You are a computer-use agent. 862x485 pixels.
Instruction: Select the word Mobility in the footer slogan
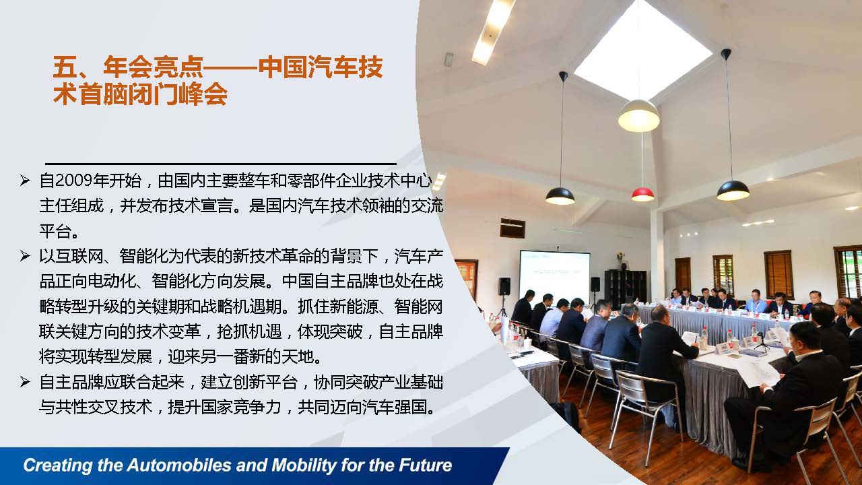point(304,465)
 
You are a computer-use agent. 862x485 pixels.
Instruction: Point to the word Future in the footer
point(425,465)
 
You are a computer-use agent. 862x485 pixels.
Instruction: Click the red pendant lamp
point(642,194)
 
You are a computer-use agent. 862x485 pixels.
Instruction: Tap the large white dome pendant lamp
point(639,115)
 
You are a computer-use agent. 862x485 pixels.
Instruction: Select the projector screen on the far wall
point(554,277)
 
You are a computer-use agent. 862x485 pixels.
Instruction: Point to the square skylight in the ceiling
point(642,50)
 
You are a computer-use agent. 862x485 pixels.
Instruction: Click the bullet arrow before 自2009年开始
point(25,181)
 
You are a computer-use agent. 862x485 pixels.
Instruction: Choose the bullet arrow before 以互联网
point(25,256)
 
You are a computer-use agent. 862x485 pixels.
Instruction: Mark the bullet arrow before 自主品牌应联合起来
point(25,382)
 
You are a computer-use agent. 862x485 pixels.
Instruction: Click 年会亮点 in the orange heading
point(153,67)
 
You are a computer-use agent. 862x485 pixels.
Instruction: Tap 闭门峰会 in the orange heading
point(178,94)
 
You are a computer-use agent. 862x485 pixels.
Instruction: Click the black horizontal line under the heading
point(221,164)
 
